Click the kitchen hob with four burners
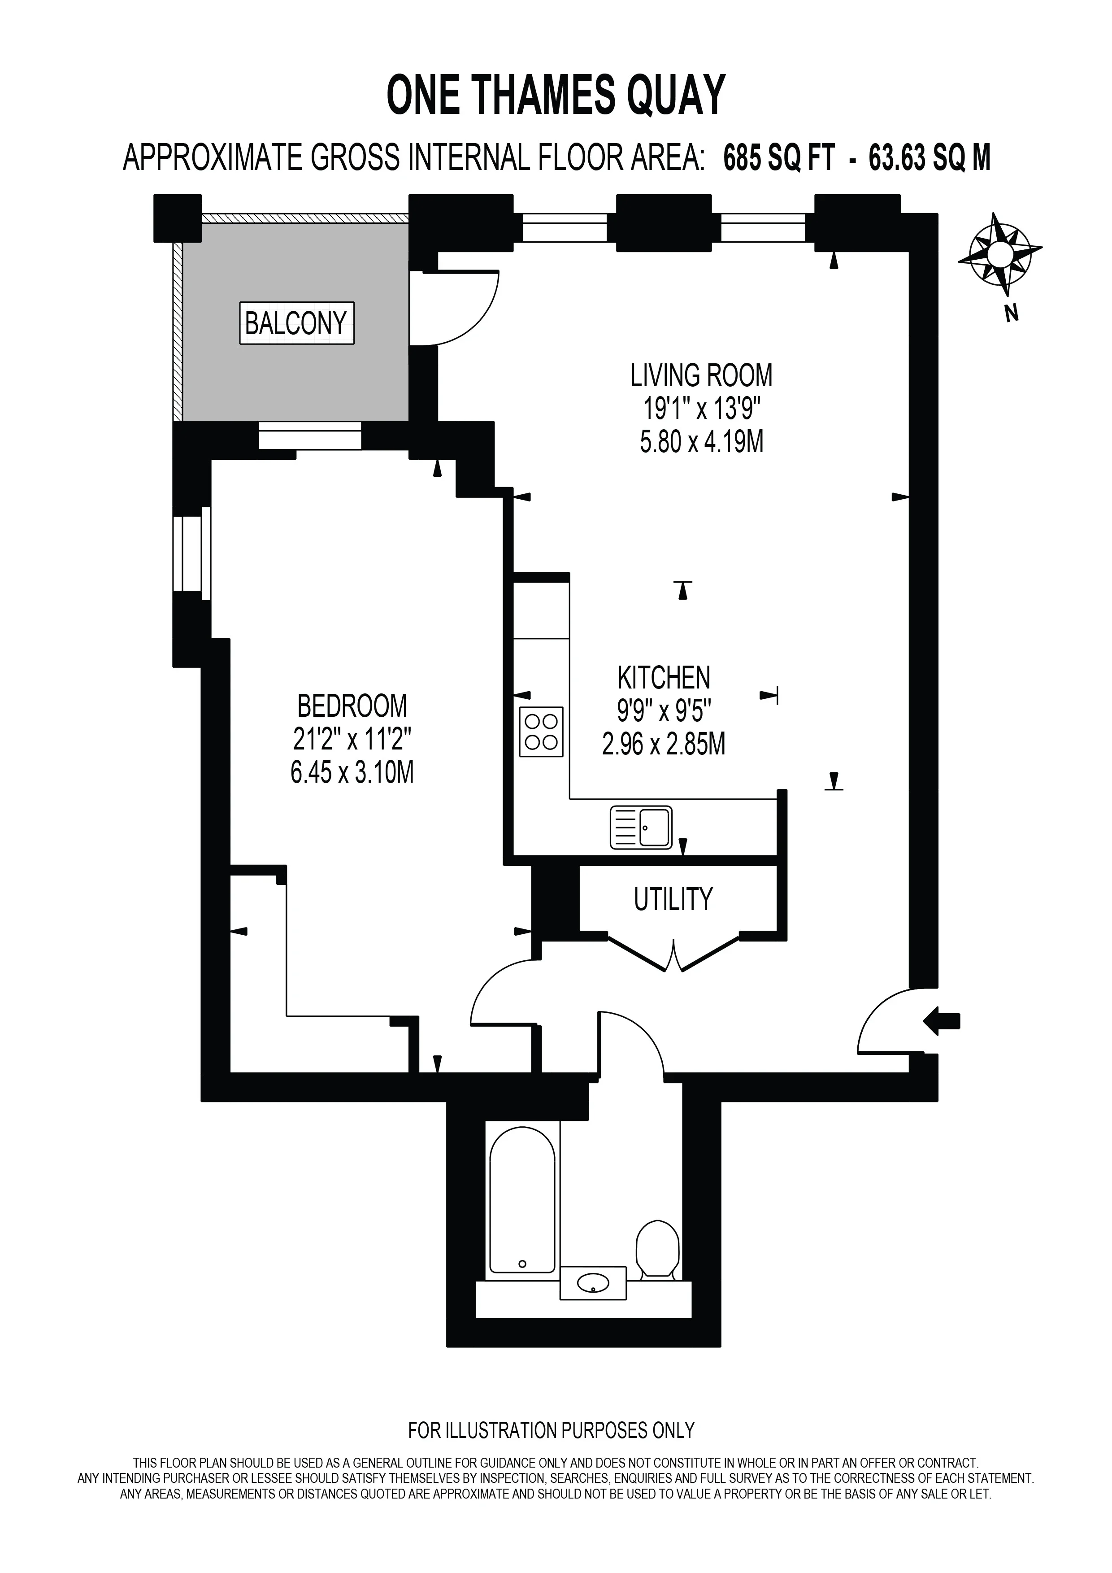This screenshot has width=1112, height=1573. point(541,732)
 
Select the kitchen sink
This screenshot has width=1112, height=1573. point(641,828)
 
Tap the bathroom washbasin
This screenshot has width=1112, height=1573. point(593,1282)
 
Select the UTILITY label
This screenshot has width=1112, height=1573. point(673,900)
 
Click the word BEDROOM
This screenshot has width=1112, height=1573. point(352,706)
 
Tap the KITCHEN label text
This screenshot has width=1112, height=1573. point(664,678)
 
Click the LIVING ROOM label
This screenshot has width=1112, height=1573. point(701,375)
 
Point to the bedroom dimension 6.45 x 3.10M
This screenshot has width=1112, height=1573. point(352,773)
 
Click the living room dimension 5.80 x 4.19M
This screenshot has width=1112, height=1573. point(701,442)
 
